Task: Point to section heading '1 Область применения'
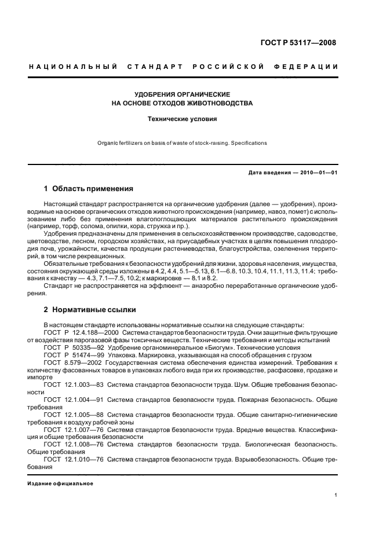89,189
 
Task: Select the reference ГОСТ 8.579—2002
70,362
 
